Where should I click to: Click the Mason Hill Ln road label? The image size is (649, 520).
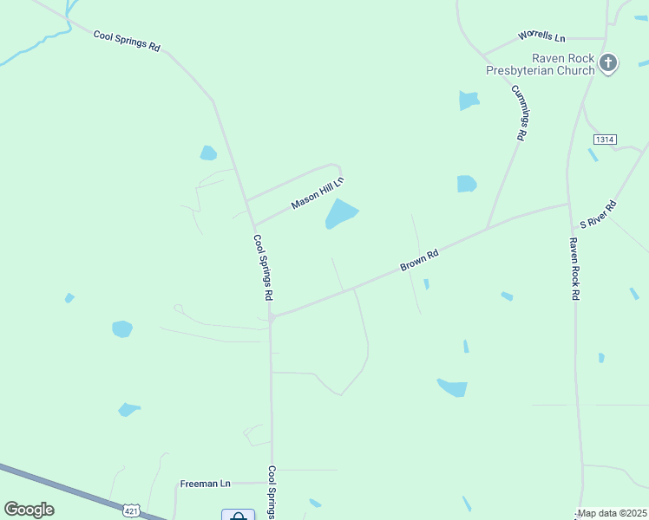318,192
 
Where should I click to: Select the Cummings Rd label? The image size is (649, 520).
520,114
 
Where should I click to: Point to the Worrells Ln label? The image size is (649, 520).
541,37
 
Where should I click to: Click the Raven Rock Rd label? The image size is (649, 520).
574,269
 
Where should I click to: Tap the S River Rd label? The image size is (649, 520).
599,213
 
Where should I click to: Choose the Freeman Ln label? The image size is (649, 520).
205,484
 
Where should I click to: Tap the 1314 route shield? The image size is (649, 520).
605,140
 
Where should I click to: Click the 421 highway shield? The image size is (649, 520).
131,512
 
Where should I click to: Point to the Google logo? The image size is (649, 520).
29,510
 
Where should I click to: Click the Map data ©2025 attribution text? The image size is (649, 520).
613,513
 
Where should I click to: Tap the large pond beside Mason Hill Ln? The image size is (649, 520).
341,213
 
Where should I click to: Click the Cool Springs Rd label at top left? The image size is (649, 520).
127,41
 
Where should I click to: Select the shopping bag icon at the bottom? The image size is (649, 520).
238,516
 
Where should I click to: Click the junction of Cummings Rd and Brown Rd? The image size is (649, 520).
488,228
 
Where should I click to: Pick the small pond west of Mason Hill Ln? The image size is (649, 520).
208,153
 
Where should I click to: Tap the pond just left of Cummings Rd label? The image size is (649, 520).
469,101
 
